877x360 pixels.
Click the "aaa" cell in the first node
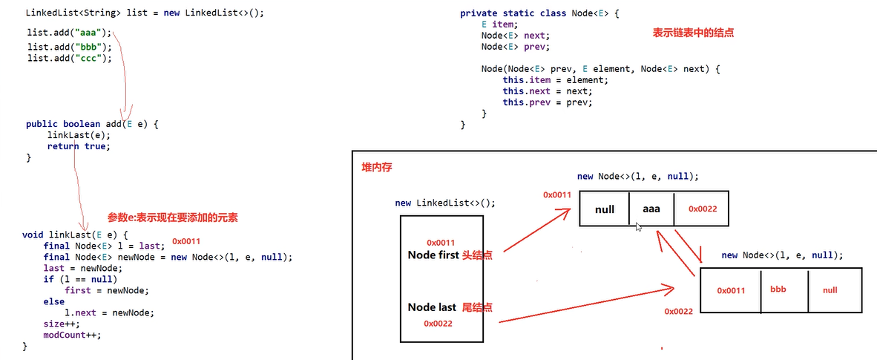[x=651, y=209]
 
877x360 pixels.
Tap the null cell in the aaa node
[x=605, y=209]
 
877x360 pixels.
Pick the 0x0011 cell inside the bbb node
[x=730, y=290]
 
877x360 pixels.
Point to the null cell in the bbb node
[x=830, y=290]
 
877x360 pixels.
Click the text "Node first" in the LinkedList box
[x=433, y=255]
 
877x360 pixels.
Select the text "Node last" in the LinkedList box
[x=432, y=307]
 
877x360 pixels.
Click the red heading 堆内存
[x=376, y=168]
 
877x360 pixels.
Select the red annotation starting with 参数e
[x=172, y=217]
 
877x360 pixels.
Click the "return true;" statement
[x=78, y=146]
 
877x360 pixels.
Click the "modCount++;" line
[x=71, y=334]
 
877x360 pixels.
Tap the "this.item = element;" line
[x=555, y=80]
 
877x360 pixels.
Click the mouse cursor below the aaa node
[x=637, y=227]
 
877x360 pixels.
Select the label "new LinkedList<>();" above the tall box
[x=444, y=203]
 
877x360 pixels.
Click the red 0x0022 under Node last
[x=438, y=324]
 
